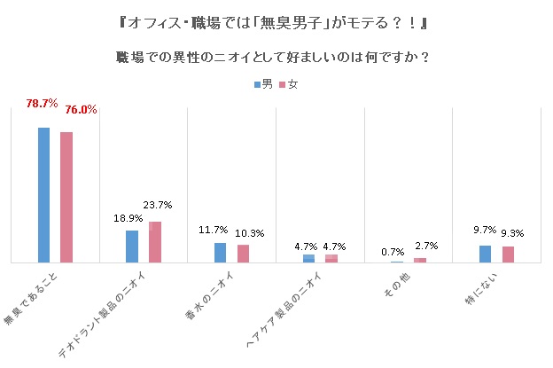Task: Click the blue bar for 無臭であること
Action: click(x=43, y=195)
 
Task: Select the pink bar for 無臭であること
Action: click(x=66, y=197)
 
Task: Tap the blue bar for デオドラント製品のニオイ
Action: click(x=132, y=247)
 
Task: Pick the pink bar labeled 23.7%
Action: click(x=154, y=242)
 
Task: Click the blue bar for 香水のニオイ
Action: click(x=221, y=253)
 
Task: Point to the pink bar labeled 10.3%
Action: click(x=243, y=254)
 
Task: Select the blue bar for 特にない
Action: click(x=485, y=254)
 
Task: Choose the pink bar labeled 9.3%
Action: click(x=508, y=254)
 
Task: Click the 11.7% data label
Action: click(x=214, y=230)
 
